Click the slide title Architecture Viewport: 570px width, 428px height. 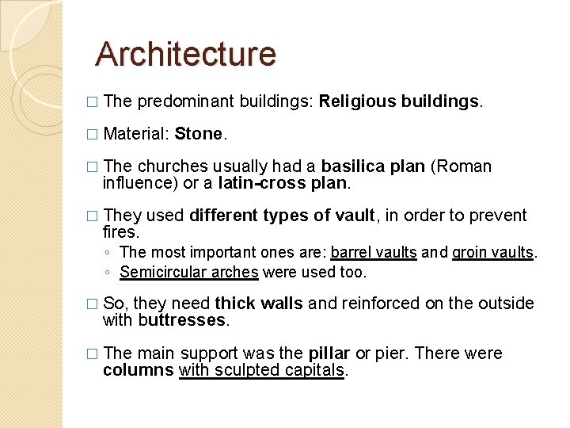pyautogui.click(x=185, y=54)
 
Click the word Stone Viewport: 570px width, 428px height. pyautogui.click(x=199, y=134)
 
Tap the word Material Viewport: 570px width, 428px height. pyautogui.click(x=135, y=134)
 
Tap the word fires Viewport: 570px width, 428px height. pyautogui.click(x=120, y=232)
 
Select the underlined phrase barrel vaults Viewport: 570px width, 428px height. pyautogui.click(x=374, y=253)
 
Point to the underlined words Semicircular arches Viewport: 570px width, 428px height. pyautogui.click(x=189, y=272)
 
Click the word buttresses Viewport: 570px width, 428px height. pyautogui.click(x=183, y=320)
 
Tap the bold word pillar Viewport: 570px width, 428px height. pyautogui.click(x=350, y=353)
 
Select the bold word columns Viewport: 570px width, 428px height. pyautogui.click(x=138, y=370)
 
